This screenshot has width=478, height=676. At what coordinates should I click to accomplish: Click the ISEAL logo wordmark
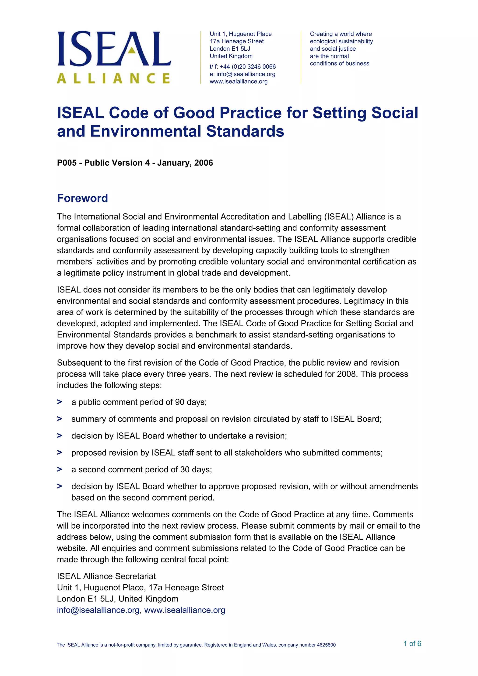click(114, 49)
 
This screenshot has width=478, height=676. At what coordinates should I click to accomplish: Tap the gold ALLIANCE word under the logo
click(113, 78)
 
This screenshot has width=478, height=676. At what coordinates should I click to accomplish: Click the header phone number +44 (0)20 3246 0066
click(248, 66)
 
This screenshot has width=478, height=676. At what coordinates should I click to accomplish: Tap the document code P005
click(67, 163)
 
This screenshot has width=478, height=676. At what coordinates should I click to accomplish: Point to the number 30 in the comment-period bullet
click(185, 469)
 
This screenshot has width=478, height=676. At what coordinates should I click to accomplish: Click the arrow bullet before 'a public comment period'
click(60, 402)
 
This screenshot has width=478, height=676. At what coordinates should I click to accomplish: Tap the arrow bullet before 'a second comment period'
click(60, 469)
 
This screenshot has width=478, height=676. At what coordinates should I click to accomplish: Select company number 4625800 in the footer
click(326, 645)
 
